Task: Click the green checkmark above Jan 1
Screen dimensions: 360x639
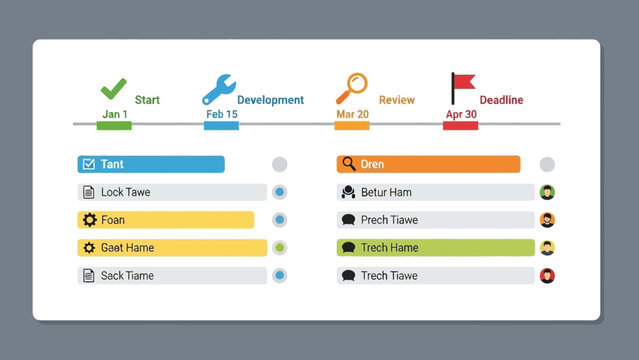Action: tap(114, 89)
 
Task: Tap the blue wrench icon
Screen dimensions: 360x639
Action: tap(219, 90)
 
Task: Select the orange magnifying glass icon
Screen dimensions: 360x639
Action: tap(351, 89)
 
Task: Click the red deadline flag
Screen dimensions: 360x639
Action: tap(462, 88)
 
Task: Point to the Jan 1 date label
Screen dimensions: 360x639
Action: tap(115, 115)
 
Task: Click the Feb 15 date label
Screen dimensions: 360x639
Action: tap(221, 115)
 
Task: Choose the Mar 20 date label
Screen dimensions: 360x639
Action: tap(352, 115)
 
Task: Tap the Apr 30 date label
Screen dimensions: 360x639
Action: tap(461, 115)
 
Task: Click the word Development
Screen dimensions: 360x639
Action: tap(270, 100)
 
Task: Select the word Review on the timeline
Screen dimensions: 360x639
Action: tap(396, 100)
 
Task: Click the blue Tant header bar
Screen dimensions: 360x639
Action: tap(151, 164)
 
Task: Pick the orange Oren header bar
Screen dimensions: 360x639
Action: tap(428, 164)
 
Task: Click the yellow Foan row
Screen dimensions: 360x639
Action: tap(165, 220)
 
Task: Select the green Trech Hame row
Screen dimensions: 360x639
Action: tap(435, 248)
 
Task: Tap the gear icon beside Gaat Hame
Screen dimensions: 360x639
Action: tap(89, 248)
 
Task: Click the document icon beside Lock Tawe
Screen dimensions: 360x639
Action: tap(89, 192)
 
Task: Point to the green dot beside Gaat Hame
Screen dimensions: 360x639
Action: tap(280, 248)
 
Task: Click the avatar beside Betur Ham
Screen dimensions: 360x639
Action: tap(547, 192)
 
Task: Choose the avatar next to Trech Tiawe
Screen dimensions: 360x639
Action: tap(547, 276)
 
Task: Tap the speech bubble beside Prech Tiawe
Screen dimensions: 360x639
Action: tap(348, 220)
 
